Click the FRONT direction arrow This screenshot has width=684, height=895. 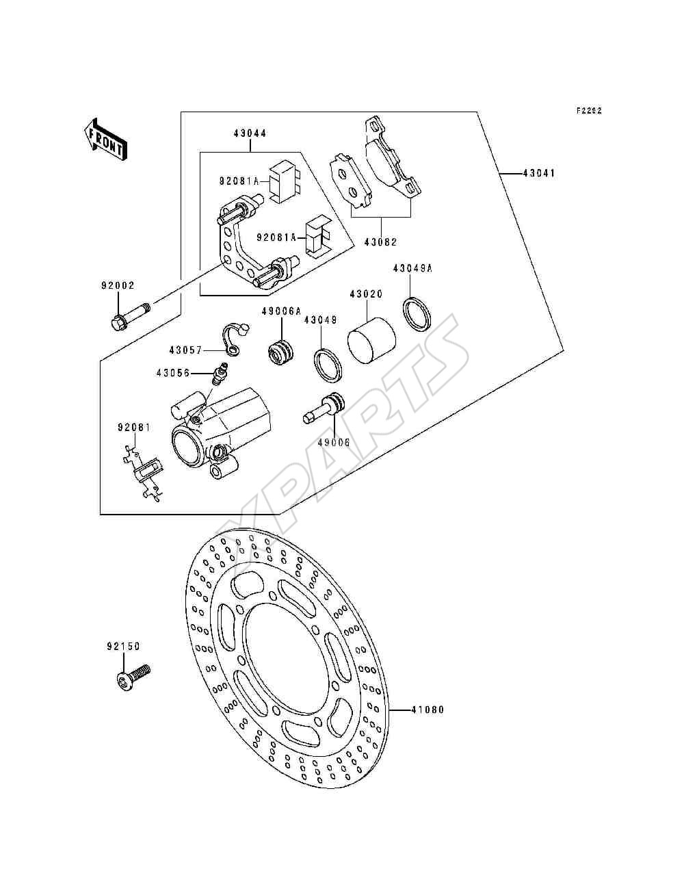[x=104, y=139]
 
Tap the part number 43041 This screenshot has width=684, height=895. [x=539, y=173]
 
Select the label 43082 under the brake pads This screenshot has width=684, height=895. [x=380, y=242]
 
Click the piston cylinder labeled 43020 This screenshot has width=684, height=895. [x=371, y=339]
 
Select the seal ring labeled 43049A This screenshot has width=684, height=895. [x=417, y=313]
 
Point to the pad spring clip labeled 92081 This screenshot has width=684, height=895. [x=143, y=474]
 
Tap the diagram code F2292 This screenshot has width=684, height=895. [x=589, y=110]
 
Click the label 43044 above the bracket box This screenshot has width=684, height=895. [x=250, y=133]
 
